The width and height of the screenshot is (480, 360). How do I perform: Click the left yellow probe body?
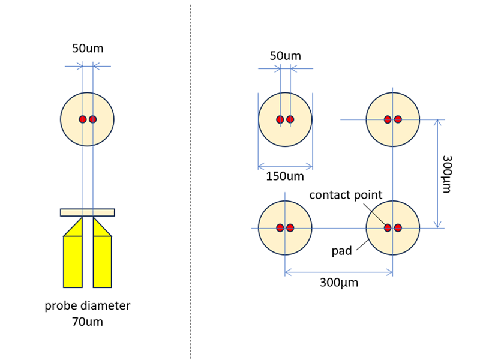73,261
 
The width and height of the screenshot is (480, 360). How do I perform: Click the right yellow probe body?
102,261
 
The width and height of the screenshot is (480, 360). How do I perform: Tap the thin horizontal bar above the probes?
88,212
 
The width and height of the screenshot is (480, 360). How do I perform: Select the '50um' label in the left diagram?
88,49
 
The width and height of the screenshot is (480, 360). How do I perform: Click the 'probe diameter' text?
88,306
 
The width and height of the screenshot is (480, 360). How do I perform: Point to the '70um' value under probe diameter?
88,322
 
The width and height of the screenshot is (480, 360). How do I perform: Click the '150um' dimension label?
285,176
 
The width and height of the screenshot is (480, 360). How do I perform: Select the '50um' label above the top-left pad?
285,56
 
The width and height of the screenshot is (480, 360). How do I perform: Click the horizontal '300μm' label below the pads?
339,283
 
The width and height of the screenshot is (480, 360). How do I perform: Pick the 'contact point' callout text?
346,196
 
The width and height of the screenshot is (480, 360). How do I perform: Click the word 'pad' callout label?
341,251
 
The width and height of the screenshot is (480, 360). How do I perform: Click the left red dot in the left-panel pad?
83,119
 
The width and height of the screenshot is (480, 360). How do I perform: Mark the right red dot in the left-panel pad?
93,119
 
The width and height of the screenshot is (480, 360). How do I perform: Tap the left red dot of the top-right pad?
388,119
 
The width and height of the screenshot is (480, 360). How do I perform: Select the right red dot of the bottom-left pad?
290,228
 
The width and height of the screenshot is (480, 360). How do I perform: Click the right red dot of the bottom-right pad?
398,228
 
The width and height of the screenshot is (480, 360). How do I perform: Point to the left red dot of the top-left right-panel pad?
280,119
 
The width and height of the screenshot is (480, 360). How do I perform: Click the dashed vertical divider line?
191,180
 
